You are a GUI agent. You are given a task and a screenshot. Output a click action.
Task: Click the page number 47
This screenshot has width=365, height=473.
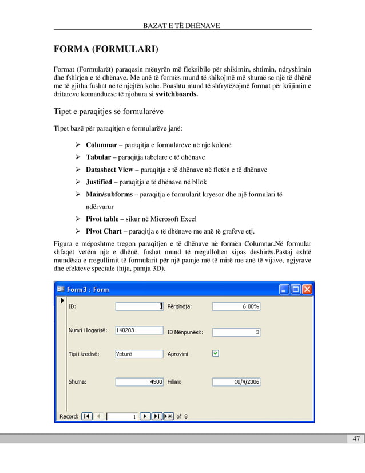pos(356,439)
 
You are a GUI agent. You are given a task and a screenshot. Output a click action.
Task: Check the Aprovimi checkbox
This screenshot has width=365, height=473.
pos(215,354)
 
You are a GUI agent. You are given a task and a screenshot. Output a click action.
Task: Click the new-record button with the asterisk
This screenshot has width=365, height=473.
pos(168,416)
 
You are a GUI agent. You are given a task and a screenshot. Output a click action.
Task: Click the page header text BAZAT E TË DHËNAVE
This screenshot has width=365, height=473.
pos(182,25)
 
